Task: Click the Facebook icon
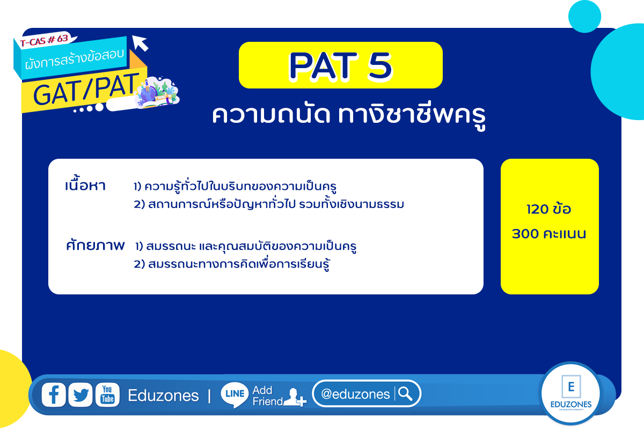coord(54,395)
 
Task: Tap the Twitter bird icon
coord(80,395)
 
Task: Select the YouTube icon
coord(107,395)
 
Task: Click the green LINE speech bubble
coord(235,395)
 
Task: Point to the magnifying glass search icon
coord(405,394)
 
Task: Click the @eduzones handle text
coord(355,394)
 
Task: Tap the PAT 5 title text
coord(341,66)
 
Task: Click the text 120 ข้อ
coord(549,209)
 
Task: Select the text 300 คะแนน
coord(549,234)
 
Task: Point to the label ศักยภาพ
coord(95,245)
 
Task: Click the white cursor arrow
coord(140,43)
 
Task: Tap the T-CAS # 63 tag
coord(45,40)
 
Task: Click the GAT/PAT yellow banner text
coord(86,90)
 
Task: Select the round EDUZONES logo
coord(570,394)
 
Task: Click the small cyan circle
coord(584,17)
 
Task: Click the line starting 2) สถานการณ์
coord(269,204)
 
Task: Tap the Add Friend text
coord(267,396)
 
